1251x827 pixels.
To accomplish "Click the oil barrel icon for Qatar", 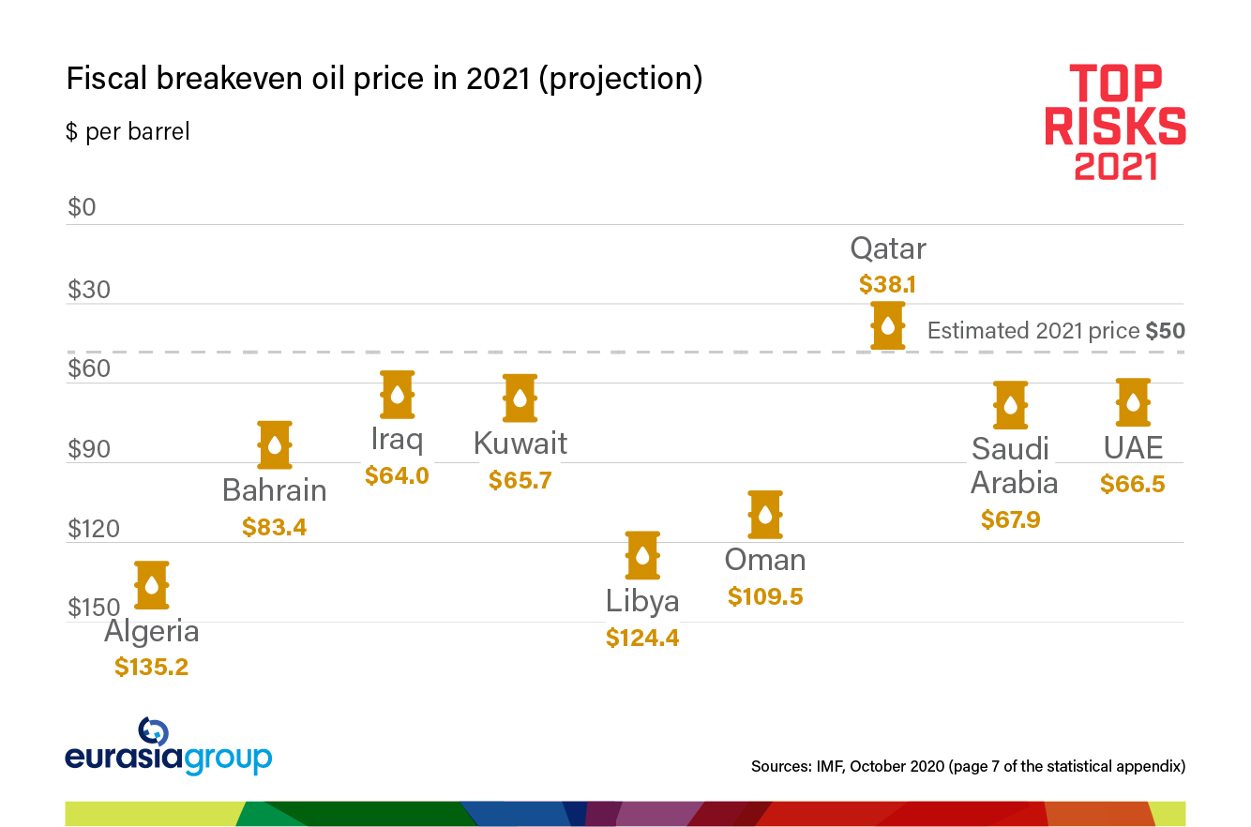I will [x=887, y=325].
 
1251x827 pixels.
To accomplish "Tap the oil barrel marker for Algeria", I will [x=152, y=585].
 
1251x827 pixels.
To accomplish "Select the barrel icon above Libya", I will [x=642, y=555].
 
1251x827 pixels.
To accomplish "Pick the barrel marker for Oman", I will [x=765, y=514].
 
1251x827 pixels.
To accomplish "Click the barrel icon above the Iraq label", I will [x=398, y=394].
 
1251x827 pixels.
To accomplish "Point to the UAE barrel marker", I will [x=1133, y=402].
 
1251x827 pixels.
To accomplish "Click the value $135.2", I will [x=152, y=667].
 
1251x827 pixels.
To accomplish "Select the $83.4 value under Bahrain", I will [x=274, y=527].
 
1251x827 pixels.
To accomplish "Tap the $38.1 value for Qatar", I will [x=887, y=284].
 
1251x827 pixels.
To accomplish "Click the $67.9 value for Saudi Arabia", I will [x=1011, y=519].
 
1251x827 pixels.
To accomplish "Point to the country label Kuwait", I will [x=520, y=443].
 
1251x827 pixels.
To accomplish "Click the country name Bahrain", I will [x=274, y=490].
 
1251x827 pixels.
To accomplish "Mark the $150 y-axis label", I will [x=94, y=608].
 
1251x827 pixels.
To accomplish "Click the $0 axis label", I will [x=82, y=207].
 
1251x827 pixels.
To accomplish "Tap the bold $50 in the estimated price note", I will [x=1166, y=331].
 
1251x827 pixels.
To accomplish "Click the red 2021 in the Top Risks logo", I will [x=1115, y=166].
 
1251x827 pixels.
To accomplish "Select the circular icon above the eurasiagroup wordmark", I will [x=153, y=732].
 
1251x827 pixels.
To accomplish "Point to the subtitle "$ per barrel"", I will [x=128, y=131].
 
